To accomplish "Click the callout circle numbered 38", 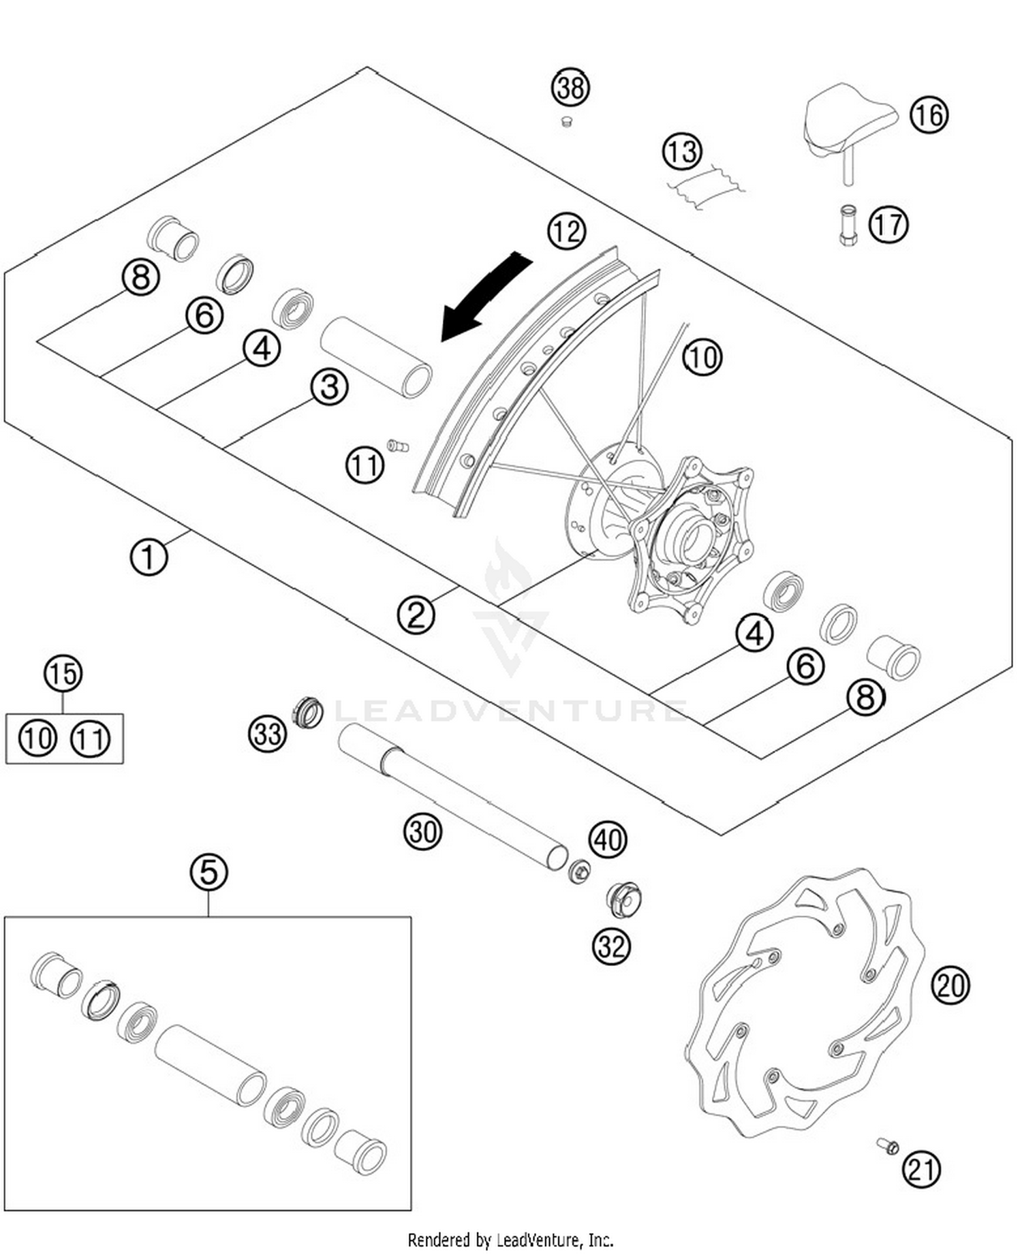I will tap(570, 88).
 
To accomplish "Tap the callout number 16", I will tap(929, 114).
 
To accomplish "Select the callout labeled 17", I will tap(888, 224).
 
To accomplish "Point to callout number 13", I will tap(682, 151).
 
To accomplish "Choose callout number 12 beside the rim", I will tap(566, 232).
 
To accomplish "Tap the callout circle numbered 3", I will tap(330, 387).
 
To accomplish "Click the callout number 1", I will tap(149, 557).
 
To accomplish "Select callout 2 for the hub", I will tap(416, 615).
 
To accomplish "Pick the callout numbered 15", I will tap(63, 674).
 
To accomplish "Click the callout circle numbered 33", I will tap(267, 734).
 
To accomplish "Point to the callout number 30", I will tap(423, 832).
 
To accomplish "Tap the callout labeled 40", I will tap(608, 839).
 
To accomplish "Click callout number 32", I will tap(611, 946).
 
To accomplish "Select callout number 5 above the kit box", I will tap(208, 872).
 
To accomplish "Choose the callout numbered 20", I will tap(950, 985).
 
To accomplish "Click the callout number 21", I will tap(921, 1169).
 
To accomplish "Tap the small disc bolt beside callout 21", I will tap(888, 1147).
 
